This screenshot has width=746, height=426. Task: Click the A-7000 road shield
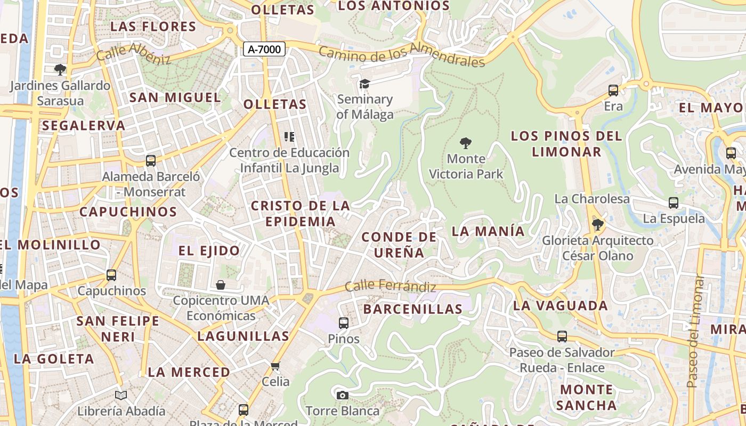[x=264, y=50]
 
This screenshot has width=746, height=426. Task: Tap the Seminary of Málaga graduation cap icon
[x=364, y=84]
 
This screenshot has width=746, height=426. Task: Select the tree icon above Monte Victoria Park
[x=466, y=143]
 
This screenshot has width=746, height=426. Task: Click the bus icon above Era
[x=613, y=91]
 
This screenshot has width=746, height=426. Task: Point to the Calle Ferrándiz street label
[x=390, y=286]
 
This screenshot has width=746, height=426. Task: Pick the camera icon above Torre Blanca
[x=343, y=395]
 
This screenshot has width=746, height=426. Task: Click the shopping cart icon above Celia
[x=275, y=366]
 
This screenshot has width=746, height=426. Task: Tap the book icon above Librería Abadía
[x=121, y=395]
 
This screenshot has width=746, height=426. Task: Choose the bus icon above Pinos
[x=344, y=323]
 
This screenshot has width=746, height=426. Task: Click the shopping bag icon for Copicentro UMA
[x=221, y=285]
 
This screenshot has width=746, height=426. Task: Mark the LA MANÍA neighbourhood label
[x=488, y=231]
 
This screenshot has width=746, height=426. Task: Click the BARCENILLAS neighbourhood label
[x=413, y=309]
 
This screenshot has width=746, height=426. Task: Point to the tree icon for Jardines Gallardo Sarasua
[x=60, y=69]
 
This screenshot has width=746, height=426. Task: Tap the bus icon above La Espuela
[x=674, y=203]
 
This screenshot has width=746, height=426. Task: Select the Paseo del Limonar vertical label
[x=693, y=331]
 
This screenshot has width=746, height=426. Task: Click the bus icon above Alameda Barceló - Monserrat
[x=151, y=161]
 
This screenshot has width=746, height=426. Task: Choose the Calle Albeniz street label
[x=133, y=53]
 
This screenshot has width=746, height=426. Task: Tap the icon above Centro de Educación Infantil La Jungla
[x=289, y=137]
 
